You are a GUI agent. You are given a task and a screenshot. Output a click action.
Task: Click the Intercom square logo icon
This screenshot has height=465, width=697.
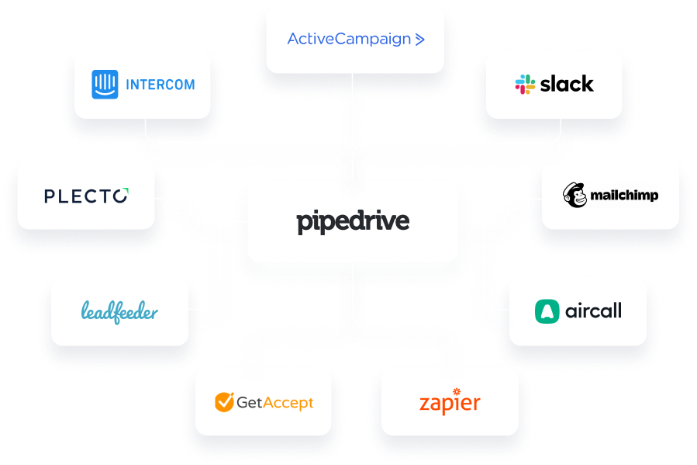105,85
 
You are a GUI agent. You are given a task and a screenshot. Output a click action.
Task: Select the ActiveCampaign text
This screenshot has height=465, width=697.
349,39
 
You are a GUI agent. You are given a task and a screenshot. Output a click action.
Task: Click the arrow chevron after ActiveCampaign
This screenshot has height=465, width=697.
419,39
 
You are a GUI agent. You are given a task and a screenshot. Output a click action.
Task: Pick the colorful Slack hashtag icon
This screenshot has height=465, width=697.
525,85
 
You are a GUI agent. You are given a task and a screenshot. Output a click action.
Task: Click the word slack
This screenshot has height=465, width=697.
567,84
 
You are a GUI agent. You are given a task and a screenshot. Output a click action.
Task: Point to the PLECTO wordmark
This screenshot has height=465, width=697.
86,196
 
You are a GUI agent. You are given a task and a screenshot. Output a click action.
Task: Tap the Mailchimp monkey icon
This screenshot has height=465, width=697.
575,196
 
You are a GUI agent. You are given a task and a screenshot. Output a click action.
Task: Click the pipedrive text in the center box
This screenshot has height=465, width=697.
352,222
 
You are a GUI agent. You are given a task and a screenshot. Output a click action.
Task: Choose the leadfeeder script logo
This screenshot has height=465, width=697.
119,312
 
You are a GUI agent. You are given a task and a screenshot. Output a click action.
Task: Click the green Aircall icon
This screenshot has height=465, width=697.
547,311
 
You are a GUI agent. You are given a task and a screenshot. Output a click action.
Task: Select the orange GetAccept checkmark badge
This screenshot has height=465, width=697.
224,402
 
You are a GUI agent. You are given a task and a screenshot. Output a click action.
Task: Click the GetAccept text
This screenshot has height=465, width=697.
274,402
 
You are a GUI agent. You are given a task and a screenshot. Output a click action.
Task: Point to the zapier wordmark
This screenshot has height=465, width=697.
450,404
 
